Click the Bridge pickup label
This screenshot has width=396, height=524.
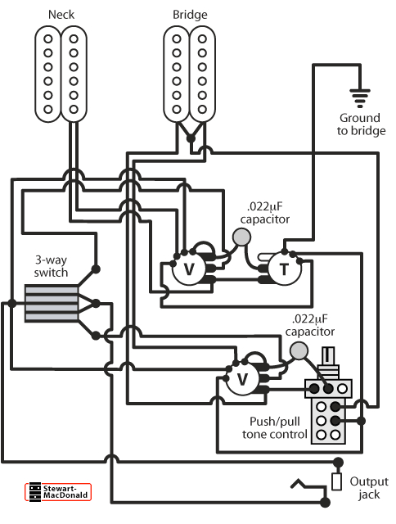click(189, 15)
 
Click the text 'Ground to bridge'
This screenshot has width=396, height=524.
click(361, 124)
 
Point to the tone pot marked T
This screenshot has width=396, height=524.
click(284, 268)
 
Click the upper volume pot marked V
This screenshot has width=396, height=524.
click(188, 268)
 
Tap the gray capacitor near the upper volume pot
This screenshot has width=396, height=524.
click(241, 237)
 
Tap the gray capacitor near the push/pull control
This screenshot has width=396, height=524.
click(299, 350)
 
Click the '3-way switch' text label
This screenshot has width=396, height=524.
click(52, 266)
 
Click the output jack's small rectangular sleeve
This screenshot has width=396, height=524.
click(336, 481)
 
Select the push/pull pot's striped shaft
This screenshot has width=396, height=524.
click(328, 359)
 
